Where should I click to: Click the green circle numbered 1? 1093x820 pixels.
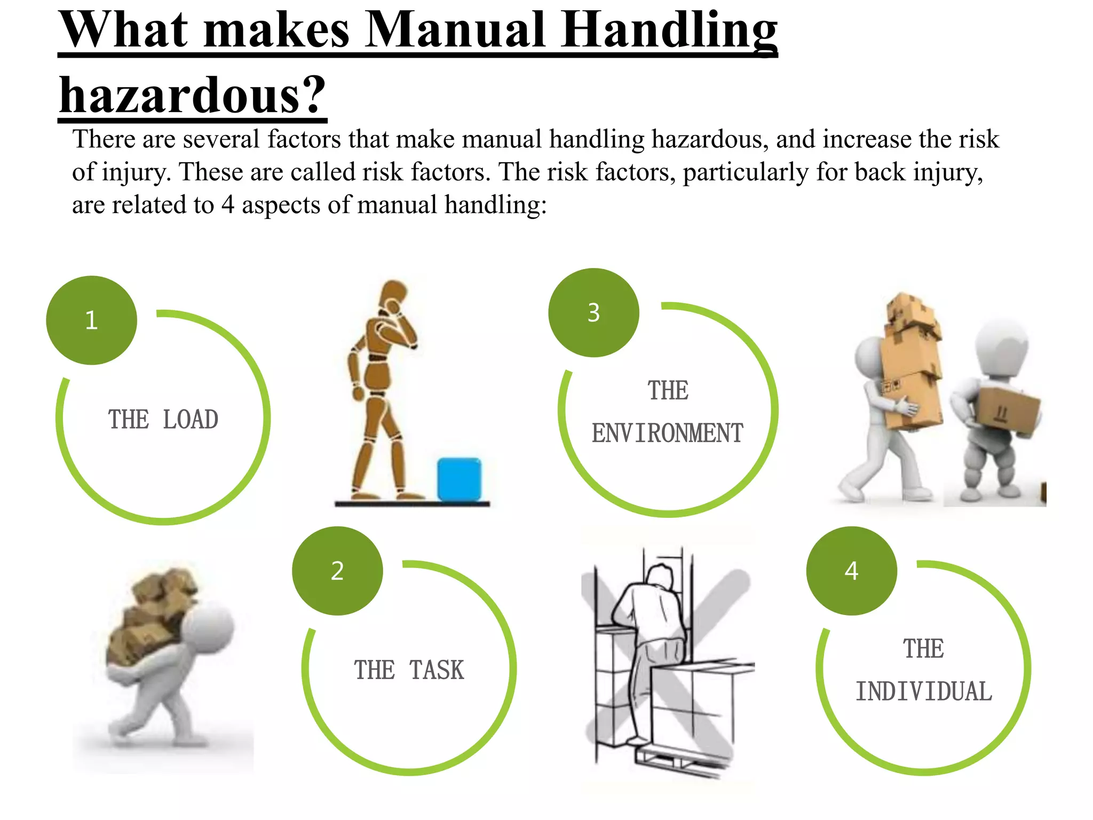92,320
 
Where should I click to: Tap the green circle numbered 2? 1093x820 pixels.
337,571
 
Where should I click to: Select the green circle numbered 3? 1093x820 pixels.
593,313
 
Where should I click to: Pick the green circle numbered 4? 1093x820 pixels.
851,571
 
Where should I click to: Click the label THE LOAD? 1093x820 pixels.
163,420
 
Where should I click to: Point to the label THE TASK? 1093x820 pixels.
409,670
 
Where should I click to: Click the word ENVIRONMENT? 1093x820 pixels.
667,433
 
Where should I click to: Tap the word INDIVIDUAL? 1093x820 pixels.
924,692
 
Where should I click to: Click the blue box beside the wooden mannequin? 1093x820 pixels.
459,479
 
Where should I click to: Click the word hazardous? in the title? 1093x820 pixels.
192,95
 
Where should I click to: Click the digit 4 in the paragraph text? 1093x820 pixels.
228,205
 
